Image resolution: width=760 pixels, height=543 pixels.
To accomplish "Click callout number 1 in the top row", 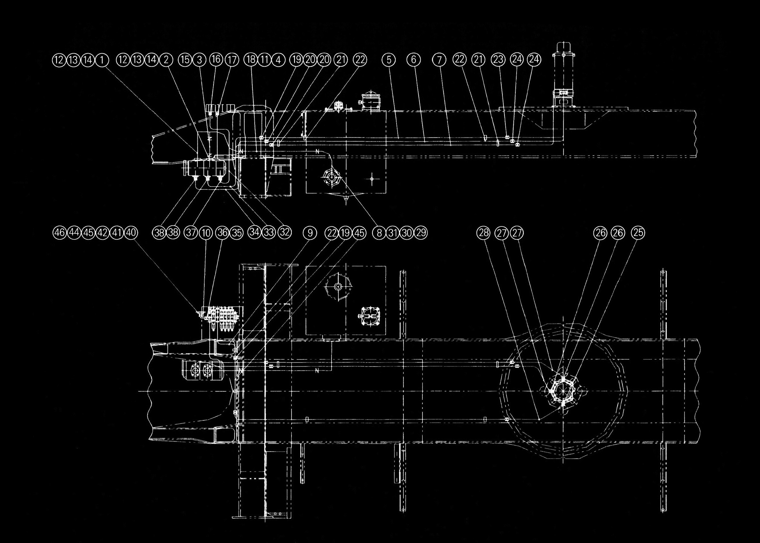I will (102, 60).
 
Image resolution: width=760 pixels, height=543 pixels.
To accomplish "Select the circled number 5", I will (388, 60).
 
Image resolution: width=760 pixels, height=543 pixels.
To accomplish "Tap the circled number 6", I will (414, 60).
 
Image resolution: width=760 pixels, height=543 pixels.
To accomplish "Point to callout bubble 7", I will (439, 60).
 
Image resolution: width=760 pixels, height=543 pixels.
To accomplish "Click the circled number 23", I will (498, 60).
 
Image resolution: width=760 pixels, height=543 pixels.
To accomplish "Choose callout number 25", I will (638, 233).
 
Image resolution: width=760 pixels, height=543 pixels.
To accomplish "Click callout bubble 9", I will (310, 233).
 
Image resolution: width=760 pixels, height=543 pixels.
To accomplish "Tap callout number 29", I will (421, 233).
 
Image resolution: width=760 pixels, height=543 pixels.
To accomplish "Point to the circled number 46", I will (60, 233).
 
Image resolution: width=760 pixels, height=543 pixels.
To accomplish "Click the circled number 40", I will (131, 233).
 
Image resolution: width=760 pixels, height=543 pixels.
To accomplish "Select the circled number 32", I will (285, 233).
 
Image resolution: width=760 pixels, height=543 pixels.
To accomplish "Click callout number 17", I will (232, 60).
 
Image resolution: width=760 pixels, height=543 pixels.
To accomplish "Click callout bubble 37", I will (191, 233).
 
